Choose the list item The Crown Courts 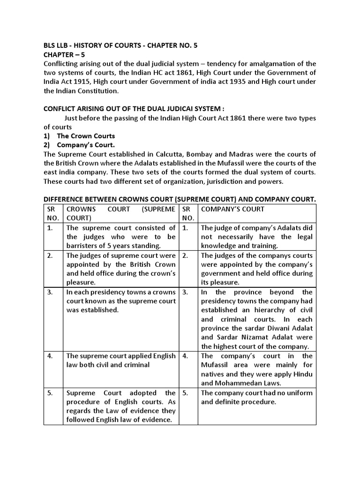[86, 136]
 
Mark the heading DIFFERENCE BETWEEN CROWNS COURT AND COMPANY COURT [180, 199]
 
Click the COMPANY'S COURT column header [232, 209]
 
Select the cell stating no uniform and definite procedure [256, 397]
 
